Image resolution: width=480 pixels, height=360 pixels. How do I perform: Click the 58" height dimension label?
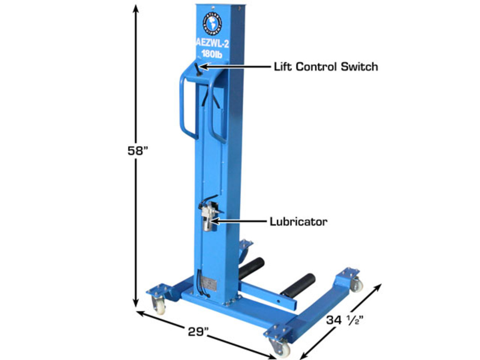tap(137, 151)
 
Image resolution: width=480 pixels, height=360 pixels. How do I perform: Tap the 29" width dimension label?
tap(198, 332)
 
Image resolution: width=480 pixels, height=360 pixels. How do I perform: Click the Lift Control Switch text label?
tap(326, 66)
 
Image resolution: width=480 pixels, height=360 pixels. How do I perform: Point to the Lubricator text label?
tap(298, 221)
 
